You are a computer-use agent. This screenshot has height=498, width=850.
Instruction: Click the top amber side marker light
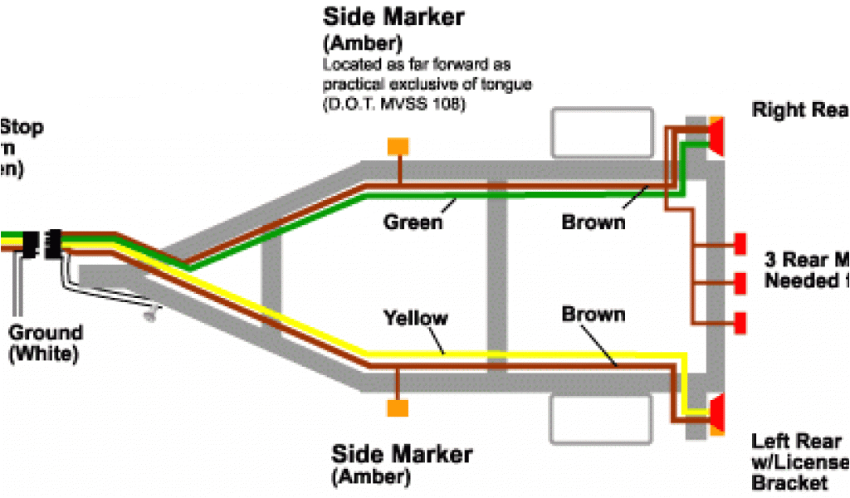click(x=398, y=145)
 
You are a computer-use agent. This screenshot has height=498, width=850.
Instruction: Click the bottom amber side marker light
click(x=398, y=408)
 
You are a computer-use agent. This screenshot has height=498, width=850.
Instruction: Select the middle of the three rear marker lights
click(x=739, y=282)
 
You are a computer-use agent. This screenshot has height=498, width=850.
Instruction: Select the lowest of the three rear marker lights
click(x=739, y=320)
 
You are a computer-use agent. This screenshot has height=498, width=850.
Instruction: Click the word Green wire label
click(x=413, y=222)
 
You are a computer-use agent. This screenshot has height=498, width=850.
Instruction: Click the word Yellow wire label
click(x=415, y=318)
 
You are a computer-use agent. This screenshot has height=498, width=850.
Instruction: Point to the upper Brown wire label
click(x=593, y=222)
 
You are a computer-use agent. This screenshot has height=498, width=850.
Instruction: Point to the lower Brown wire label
click(x=593, y=315)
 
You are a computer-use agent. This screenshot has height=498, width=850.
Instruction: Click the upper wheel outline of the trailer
click(x=599, y=132)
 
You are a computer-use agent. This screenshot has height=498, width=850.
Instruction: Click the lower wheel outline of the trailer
click(x=599, y=419)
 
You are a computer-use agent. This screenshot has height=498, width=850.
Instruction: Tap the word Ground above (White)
click(x=46, y=334)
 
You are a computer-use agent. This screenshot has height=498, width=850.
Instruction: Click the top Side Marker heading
click(x=393, y=17)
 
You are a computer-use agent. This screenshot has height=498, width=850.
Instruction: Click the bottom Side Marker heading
click(x=402, y=454)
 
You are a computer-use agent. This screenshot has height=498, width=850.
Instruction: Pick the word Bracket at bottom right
click(x=789, y=483)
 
